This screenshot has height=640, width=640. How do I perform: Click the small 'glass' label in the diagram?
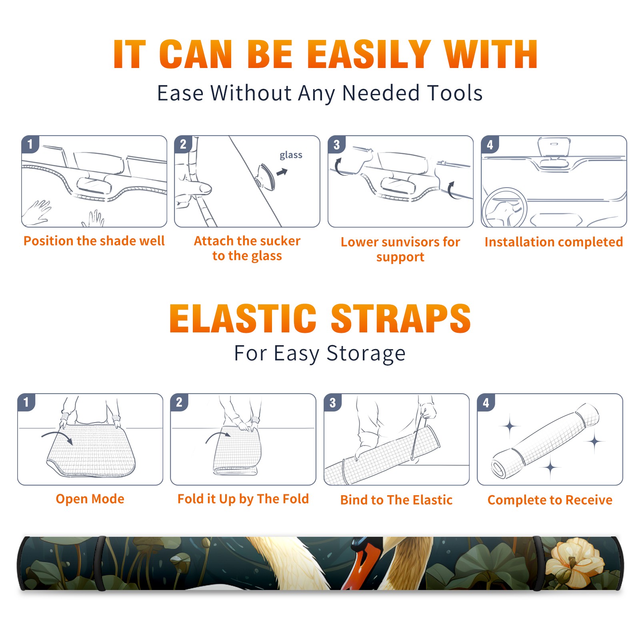[291, 155]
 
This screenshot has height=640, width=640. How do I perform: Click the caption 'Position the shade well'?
[94, 241]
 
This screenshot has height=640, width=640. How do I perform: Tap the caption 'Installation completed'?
[554, 242]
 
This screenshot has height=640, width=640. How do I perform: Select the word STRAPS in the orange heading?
[401, 318]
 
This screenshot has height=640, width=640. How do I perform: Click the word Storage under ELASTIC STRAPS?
[366, 353]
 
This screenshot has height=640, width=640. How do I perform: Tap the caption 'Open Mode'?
[90, 499]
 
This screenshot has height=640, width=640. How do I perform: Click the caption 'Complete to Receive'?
[550, 500]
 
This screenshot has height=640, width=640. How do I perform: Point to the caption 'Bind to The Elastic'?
[396, 500]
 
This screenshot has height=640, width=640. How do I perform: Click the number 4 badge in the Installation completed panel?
[490, 144]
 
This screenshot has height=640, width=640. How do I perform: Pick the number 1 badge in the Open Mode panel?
[26, 402]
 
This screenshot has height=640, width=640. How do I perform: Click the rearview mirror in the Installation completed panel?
[554, 148]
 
